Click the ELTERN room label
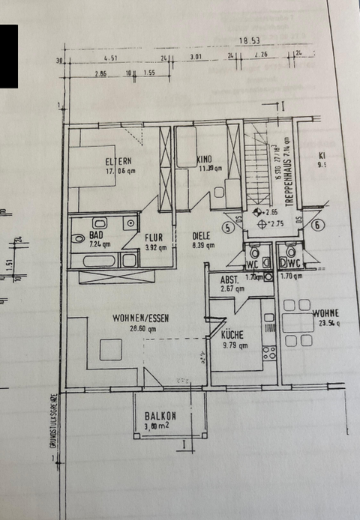click(118, 160)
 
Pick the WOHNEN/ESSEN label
click(140, 318)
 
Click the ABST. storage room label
click(229, 279)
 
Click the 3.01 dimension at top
click(196, 56)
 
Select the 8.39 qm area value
click(204, 245)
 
